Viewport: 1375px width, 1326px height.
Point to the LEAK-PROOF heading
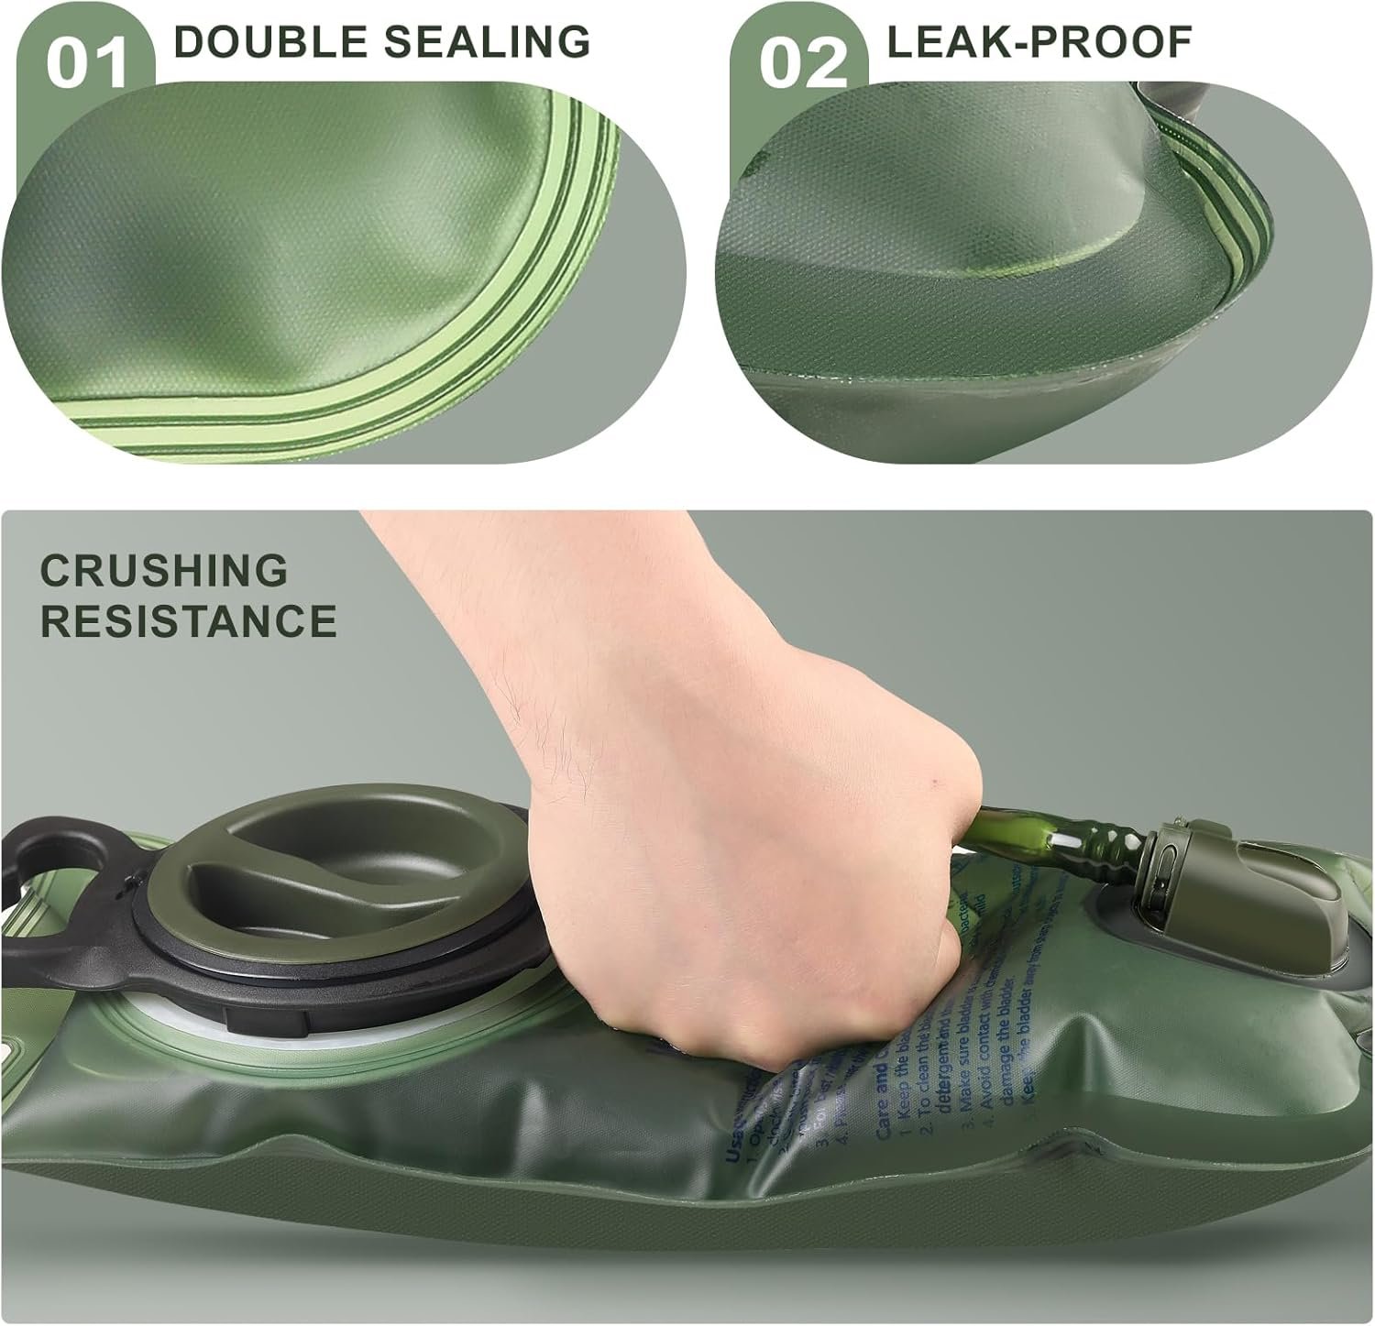click(x=1039, y=41)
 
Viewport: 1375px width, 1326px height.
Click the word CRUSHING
click(x=164, y=571)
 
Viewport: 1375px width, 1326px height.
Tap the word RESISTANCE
click(x=189, y=620)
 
